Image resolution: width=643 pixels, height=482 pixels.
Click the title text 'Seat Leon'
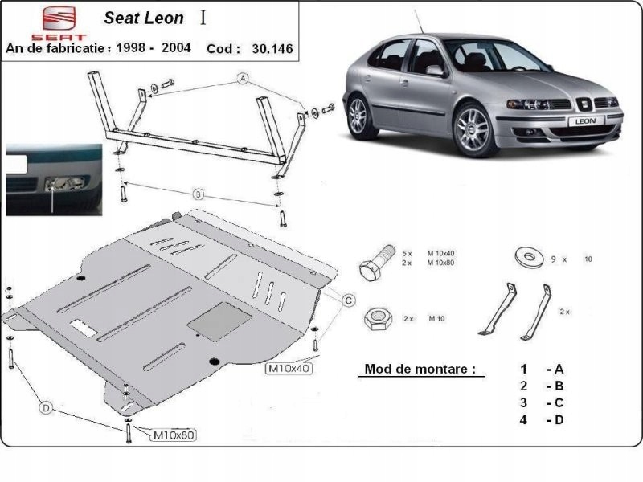(x=144, y=18)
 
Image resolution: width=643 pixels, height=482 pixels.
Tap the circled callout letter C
(x=348, y=300)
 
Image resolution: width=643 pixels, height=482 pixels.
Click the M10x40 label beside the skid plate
(x=289, y=369)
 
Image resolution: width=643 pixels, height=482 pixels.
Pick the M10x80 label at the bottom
(x=174, y=435)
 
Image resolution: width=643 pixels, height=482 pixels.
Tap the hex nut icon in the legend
(x=377, y=318)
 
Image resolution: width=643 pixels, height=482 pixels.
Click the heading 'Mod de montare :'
(x=420, y=370)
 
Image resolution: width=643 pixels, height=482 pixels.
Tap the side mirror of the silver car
(x=436, y=71)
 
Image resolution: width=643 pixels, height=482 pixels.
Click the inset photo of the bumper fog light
(x=55, y=180)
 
